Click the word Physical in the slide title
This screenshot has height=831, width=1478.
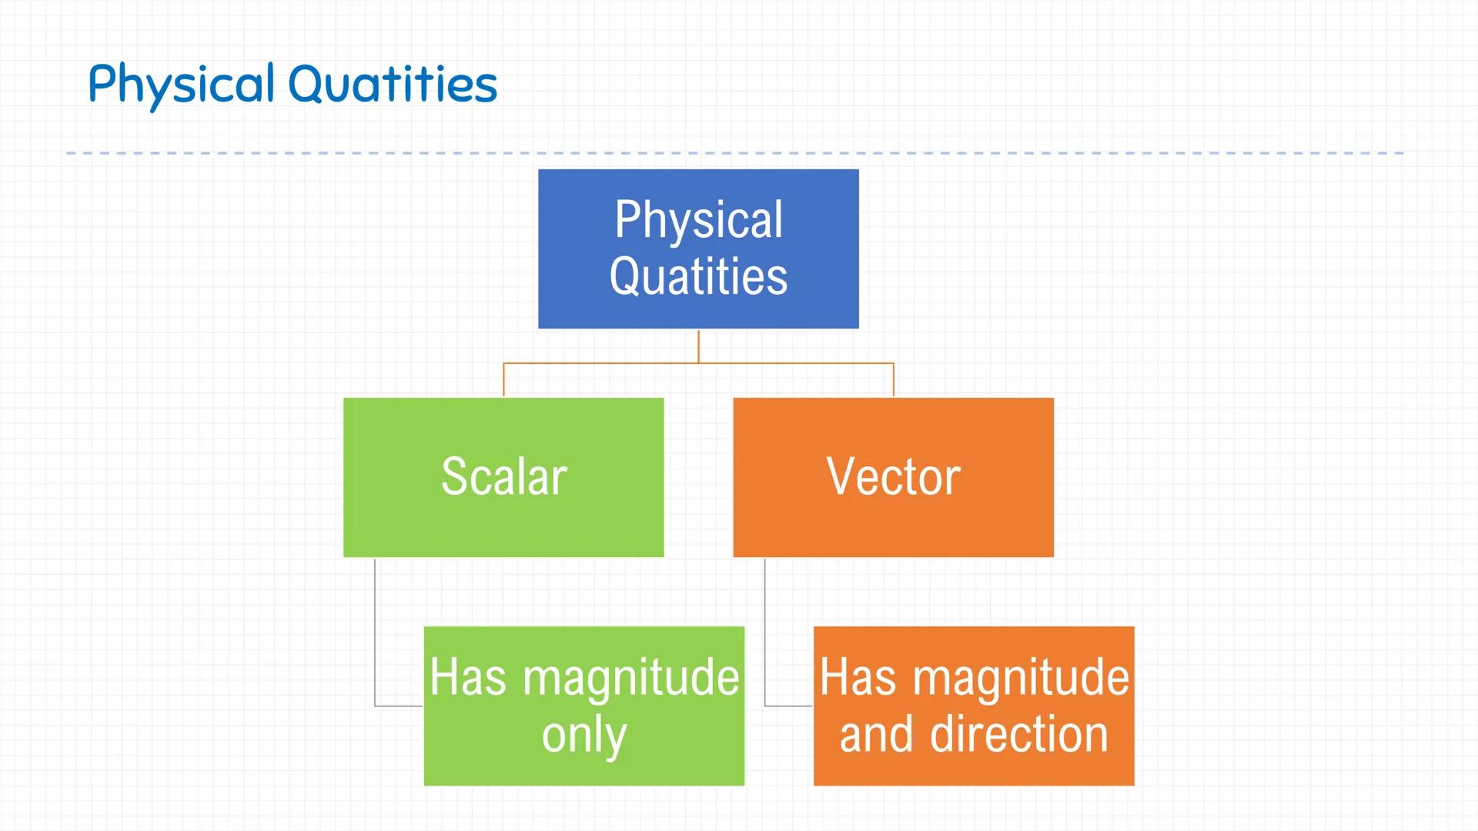pos(181,85)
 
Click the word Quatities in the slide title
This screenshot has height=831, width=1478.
pos(393,85)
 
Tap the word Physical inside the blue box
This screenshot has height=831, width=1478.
pos(698,220)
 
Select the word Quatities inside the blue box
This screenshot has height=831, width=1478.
pos(698,277)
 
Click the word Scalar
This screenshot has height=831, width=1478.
pos(503,477)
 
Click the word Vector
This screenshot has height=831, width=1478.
pos(893,477)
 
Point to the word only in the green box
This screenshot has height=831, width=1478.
pos(584,735)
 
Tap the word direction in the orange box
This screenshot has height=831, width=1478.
pos(1018,735)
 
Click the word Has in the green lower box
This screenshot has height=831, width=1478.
pos(467,678)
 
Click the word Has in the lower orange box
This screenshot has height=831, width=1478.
pos(858,678)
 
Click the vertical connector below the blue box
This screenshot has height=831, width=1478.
pos(698,346)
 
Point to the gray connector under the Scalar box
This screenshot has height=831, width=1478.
pos(375,631)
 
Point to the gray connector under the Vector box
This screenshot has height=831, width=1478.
pos(765,631)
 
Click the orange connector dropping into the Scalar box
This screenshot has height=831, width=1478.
pos(503,380)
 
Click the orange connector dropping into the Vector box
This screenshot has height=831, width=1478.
pos(893,380)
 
